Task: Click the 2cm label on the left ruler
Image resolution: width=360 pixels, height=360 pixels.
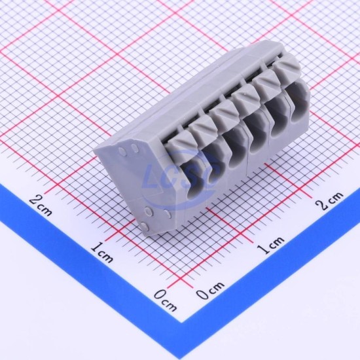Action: click(41, 206)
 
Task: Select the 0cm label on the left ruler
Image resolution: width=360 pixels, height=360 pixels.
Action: click(166, 300)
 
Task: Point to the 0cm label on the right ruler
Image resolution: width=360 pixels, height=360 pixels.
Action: click(210, 290)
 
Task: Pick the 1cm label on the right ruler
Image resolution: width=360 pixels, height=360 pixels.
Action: click(270, 245)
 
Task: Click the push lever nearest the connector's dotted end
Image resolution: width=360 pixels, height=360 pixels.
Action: click(179, 147)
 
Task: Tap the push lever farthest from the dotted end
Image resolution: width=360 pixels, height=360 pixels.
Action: click(287, 67)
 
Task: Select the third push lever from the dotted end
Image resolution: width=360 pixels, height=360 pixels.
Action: click(224, 114)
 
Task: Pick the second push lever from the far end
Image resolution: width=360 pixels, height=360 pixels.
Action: click(266, 83)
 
